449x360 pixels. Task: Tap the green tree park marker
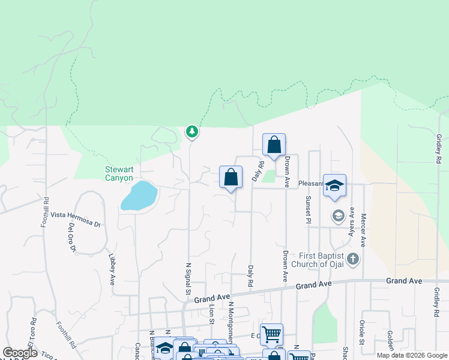pos(191,131)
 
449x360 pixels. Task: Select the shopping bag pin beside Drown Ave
pos(274,145)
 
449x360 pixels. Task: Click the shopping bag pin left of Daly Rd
pos(231,177)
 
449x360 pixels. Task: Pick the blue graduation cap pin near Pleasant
pos(334,185)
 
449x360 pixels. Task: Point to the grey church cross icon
pos(354,260)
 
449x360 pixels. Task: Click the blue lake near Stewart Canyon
pos(139,196)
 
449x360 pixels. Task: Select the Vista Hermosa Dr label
pos(76,215)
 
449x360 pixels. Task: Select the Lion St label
pos(211,314)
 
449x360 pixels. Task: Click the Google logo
pos(20,353)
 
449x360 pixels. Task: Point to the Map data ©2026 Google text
pos(412,355)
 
